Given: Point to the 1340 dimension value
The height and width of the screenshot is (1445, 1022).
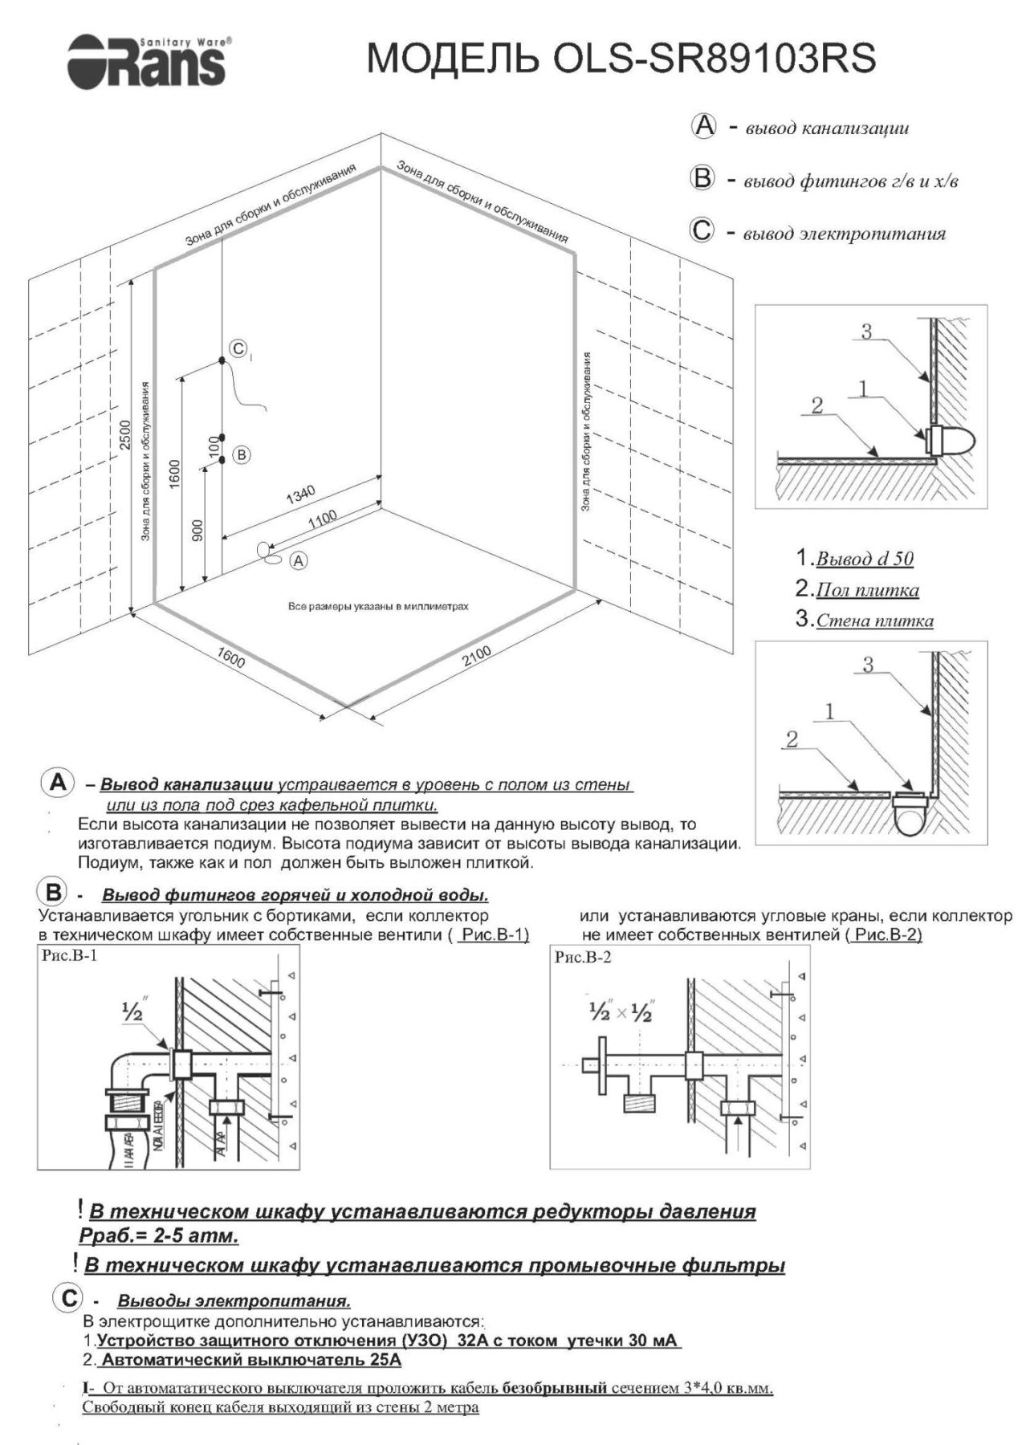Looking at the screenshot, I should [x=301, y=495].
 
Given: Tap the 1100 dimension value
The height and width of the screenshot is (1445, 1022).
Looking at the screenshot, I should [x=323, y=519].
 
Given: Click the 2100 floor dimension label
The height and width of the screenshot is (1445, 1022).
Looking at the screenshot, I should [x=476, y=656].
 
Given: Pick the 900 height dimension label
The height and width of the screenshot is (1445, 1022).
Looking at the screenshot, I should [x=198, y=529].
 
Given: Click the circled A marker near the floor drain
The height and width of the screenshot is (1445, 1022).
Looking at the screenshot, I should [x=299, y=561].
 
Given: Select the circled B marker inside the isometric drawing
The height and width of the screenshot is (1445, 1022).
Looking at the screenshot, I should [x=241, y=454].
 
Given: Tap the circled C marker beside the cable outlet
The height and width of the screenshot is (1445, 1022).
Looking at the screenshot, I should [x=238, y=348].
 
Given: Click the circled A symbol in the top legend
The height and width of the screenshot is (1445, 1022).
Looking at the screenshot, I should [x=703, y=126].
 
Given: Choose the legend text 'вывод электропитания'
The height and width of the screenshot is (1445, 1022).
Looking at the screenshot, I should [x=844, y=234].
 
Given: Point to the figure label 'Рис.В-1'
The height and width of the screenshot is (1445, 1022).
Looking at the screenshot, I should [x=69, y=955].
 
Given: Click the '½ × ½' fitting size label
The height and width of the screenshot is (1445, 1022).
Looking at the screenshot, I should [x=619, y=1013].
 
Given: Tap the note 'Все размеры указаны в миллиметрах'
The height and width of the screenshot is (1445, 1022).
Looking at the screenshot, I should [x=377, y=607].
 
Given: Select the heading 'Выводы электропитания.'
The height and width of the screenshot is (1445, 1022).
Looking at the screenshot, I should [x=234, y=1300].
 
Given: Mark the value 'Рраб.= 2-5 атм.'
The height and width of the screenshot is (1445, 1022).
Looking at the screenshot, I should [x=159, y=1235].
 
